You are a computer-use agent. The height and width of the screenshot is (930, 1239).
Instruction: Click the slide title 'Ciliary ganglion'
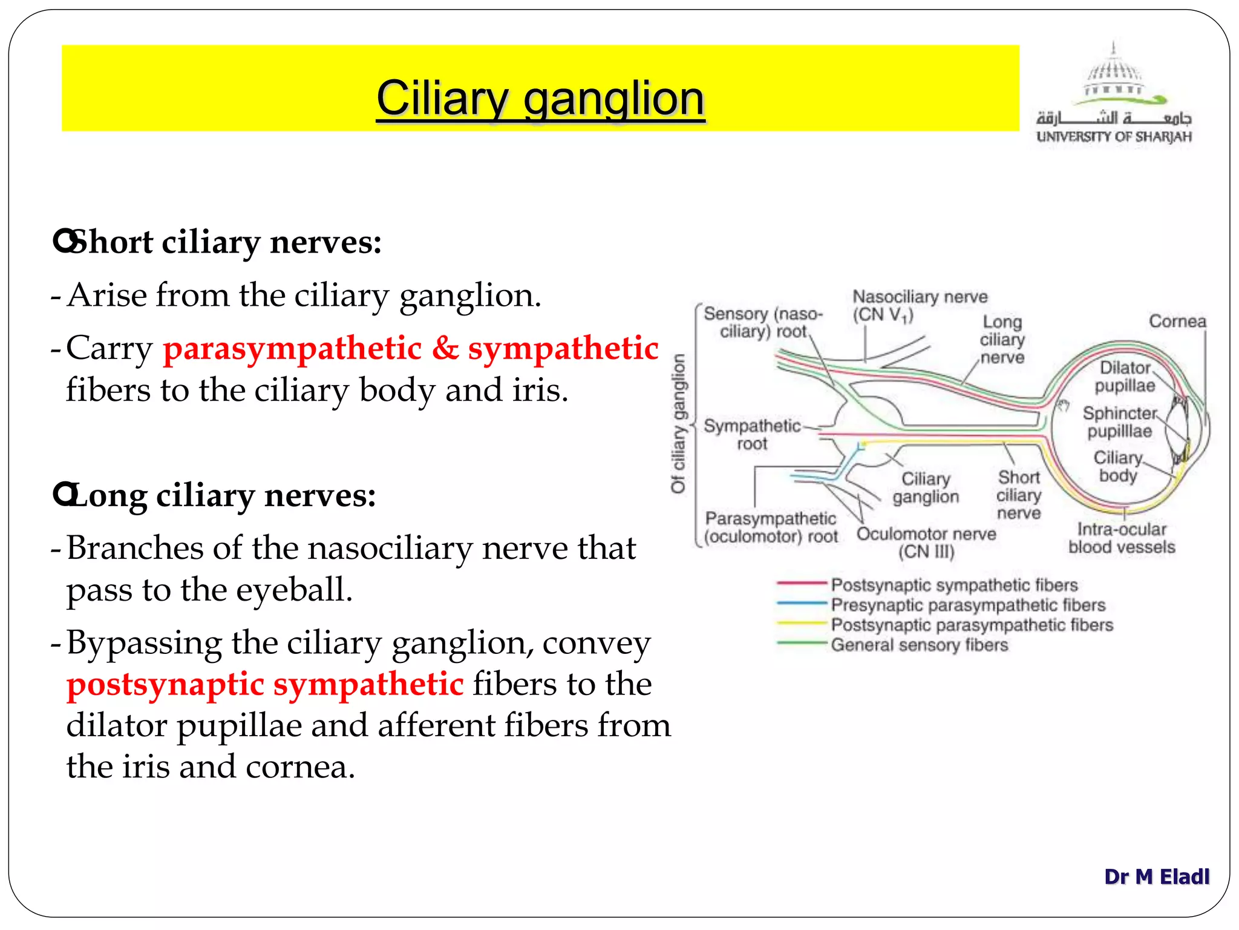[540, 98]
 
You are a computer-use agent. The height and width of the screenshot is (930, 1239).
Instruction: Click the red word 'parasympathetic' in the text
[292, 349]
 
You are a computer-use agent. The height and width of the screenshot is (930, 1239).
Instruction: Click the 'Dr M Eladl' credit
[1156, 876]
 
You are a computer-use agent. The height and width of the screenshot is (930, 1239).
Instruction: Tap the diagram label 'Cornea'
[1177, 321]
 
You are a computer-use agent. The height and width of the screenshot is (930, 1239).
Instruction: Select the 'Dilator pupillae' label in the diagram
[1124, 376]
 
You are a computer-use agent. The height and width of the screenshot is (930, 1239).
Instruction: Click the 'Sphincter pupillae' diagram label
[1119, 422]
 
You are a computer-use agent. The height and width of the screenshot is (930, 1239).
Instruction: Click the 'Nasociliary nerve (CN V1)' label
[919, 305]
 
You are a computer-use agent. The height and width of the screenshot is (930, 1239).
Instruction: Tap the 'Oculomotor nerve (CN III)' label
[926, 542]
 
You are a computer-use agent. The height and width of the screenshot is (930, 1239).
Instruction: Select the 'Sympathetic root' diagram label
[751, 434]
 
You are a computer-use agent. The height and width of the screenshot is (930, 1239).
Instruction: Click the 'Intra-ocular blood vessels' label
[1121, 538]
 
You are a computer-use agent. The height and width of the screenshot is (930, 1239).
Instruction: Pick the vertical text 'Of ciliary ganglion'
[679, 423]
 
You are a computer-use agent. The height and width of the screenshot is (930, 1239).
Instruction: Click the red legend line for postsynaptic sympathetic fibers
[801, 583]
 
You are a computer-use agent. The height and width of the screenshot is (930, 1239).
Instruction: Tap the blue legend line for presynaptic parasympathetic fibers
[801, 603]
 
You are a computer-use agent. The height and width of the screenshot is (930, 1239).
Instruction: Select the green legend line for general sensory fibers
[801, 643]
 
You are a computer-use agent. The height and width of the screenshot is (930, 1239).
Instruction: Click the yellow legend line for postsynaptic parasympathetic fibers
[801, 623]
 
